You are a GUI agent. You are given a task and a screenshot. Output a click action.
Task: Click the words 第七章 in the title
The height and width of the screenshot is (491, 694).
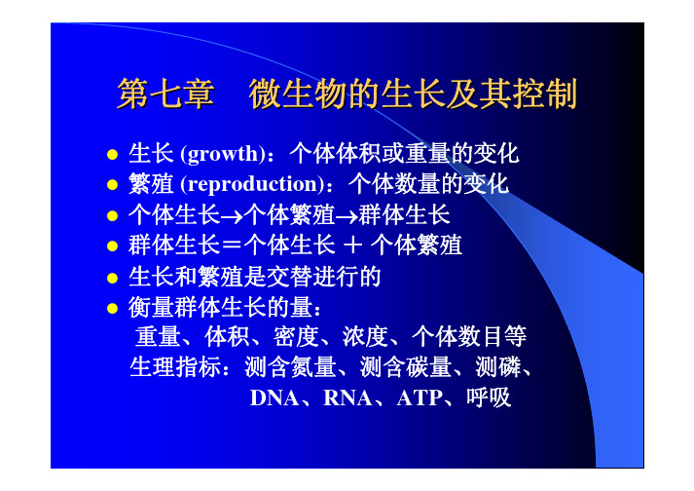pos(165,94)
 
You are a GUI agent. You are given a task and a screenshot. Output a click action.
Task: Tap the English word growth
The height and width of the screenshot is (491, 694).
pos(223,155)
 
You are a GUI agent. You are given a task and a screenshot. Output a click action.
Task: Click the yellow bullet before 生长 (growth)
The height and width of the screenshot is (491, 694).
pos(112,155)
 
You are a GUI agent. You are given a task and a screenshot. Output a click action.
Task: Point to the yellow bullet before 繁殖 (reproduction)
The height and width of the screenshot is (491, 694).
pos(112,185)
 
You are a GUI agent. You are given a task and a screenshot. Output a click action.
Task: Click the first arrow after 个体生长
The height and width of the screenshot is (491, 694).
pos(232,217)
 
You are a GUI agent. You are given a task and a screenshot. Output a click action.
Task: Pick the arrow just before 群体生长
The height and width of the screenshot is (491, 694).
pos(347,217)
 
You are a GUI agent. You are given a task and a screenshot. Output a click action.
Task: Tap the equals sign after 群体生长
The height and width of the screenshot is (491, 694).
pos(232,245)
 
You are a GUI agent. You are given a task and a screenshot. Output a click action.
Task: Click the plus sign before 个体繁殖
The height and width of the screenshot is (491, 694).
pos(352,245)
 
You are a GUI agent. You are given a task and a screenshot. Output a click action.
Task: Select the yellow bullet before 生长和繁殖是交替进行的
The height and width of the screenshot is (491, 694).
pos(112,279)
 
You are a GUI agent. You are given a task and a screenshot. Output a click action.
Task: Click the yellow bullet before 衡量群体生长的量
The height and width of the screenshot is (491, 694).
pos(112,308)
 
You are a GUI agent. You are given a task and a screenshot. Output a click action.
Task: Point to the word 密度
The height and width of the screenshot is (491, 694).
pos(296,337)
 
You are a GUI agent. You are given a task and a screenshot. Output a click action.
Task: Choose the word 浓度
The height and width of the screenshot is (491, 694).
pos(365,337)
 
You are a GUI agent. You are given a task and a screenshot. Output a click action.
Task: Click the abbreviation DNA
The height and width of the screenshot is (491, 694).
pos(274,397)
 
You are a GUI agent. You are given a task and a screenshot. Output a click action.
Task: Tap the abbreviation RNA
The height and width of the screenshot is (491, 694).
pos(347,397)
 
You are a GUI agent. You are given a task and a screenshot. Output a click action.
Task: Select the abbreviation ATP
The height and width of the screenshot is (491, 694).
pos(420,397)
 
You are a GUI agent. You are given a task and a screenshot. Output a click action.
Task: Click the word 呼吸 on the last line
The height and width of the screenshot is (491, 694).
pos(489,397)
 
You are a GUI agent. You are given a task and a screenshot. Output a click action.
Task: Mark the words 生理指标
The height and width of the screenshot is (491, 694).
pos(175,367)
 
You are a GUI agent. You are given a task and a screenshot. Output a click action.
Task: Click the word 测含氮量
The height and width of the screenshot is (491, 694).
pos(290,367)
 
